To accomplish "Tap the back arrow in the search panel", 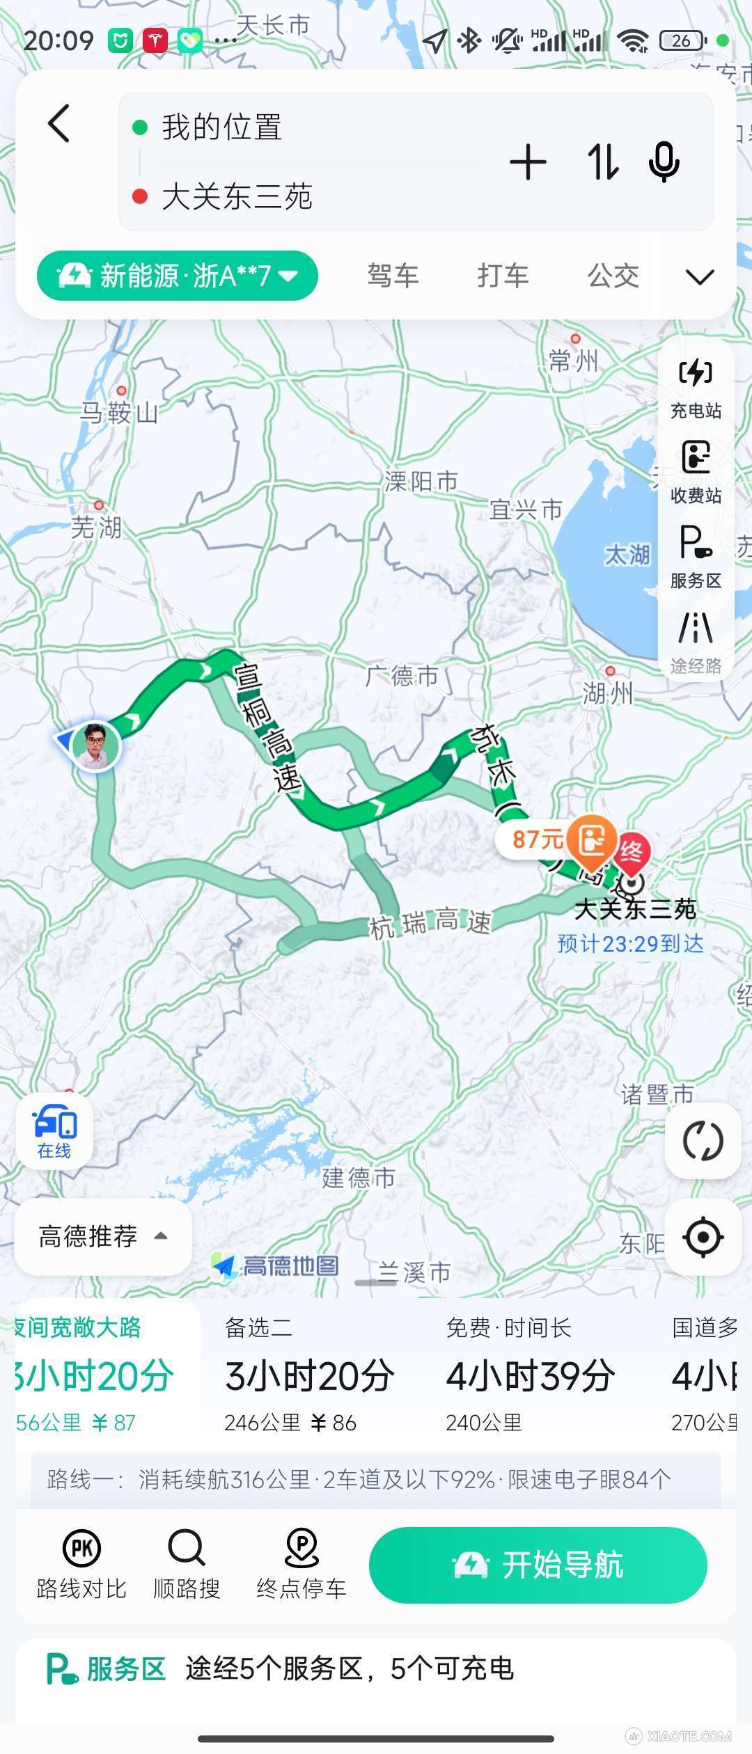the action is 59,124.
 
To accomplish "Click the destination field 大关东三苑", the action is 237,197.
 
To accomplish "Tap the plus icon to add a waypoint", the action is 528,163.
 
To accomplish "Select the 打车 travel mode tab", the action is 503,276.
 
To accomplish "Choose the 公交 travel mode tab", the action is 613,276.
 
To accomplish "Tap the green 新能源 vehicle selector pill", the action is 178,276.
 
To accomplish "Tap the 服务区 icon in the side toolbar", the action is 696,556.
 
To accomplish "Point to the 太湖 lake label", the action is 627,555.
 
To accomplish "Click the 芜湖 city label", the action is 96,527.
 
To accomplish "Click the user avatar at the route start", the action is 95,745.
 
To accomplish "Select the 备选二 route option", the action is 310,1375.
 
